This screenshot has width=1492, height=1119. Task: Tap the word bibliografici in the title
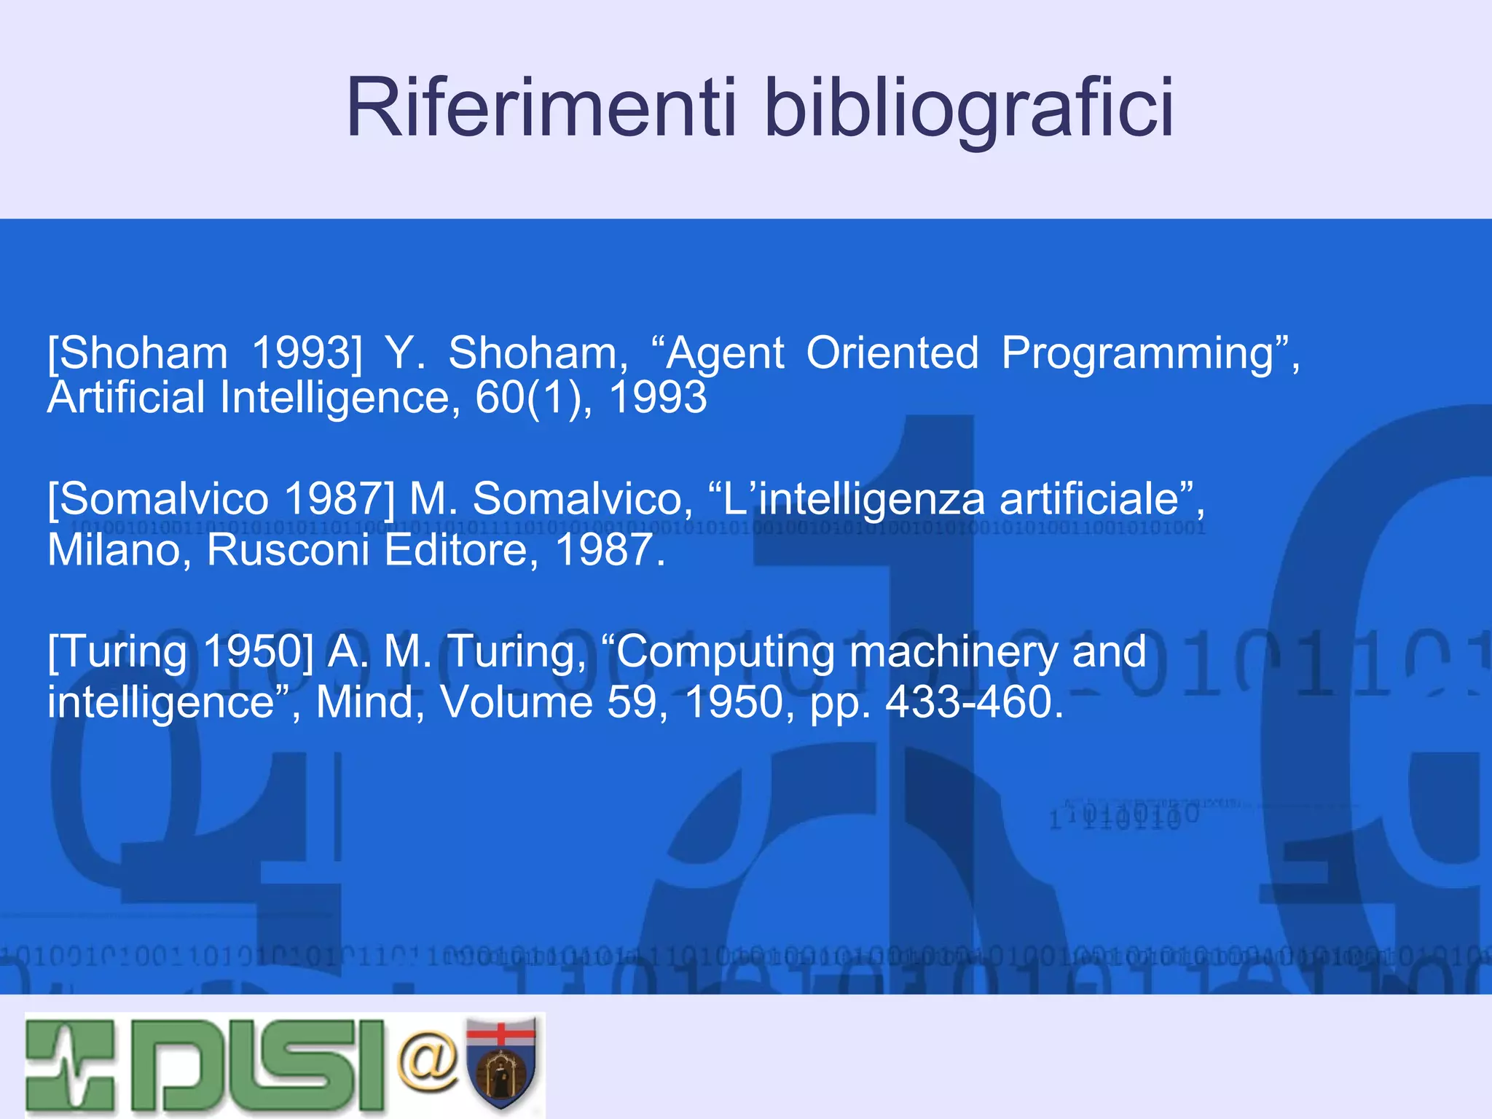point(968,109)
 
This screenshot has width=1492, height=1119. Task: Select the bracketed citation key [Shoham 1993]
point(205,353)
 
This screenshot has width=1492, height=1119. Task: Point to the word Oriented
point(892,353)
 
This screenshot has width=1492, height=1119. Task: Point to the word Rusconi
point(288,550)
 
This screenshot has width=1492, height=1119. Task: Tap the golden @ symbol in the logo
point(428,1061)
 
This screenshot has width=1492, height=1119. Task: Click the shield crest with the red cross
point(501,1064)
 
